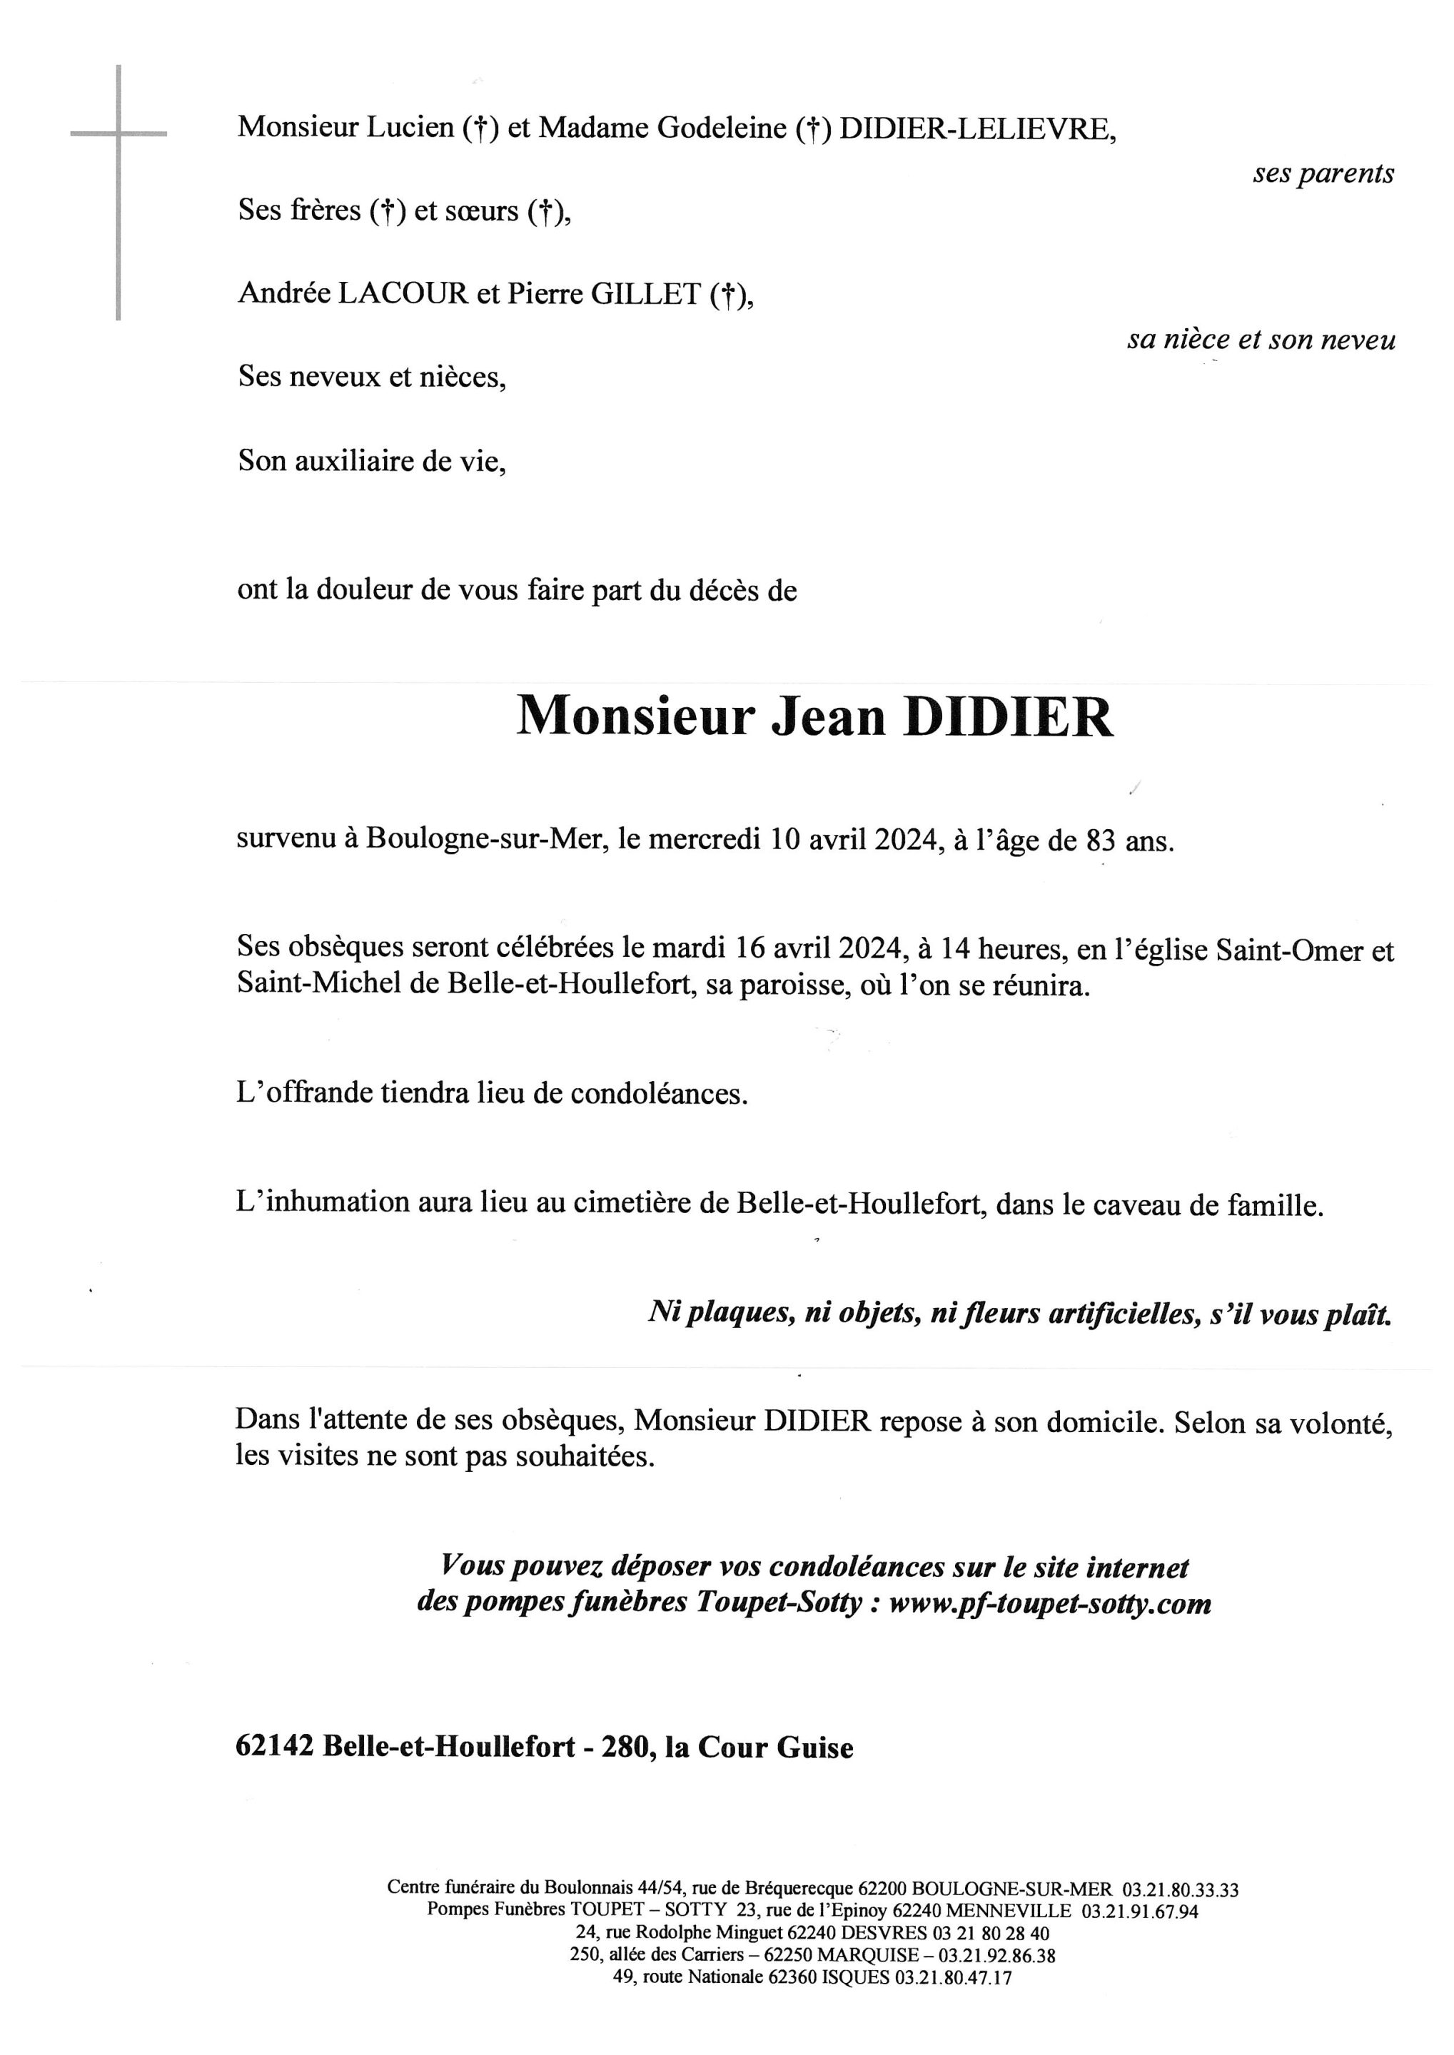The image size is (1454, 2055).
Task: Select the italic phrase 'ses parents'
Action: [x=1323, y=173]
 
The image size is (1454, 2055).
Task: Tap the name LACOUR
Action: [x=403, y=295]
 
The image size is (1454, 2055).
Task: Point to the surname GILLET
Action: [x=644, y=295]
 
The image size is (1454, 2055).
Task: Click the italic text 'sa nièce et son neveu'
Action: [x=1261, y=340]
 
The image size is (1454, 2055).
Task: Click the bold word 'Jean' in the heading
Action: [x=828, y=717]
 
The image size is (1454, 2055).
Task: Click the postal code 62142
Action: [x=274, y=1747]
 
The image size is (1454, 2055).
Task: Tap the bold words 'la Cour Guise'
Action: [x=759, y=1747]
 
